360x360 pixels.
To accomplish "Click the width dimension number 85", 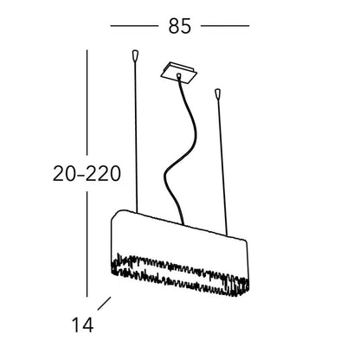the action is [179, 26].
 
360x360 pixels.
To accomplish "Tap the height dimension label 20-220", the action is [87, 174].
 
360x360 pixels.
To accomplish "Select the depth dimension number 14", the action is [82, 325].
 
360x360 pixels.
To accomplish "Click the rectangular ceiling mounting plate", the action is [179, 74].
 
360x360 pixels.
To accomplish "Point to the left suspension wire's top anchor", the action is [135, 56].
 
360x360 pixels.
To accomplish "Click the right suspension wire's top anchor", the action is [217, 93].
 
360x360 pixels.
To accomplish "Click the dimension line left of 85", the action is [134, 26].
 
